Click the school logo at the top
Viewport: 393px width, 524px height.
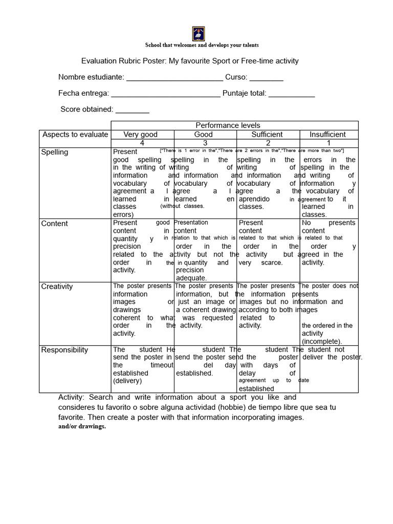tap(199, 33)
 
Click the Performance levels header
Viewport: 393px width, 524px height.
tap(228, 125)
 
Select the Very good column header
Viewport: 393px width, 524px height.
tap(141, 135)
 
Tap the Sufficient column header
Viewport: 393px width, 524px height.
tap(267, 135)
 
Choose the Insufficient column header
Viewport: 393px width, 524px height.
tap(327, 135)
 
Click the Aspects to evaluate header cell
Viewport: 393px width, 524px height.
tap(75, 135)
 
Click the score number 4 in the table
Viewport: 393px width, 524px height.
tap(142, 143)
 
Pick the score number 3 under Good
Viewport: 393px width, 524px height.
tap(205, 143)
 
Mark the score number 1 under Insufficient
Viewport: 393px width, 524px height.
tap(329, 143)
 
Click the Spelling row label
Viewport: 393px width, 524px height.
tap(55, 152)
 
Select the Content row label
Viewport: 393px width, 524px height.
tap(55, 224)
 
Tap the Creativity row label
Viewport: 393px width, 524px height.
tap(57, 287)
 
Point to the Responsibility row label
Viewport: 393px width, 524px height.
tap(64, 350)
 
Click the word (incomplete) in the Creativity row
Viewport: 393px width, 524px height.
tap(322, 341)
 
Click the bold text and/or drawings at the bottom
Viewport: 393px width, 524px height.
tap(82, 426)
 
